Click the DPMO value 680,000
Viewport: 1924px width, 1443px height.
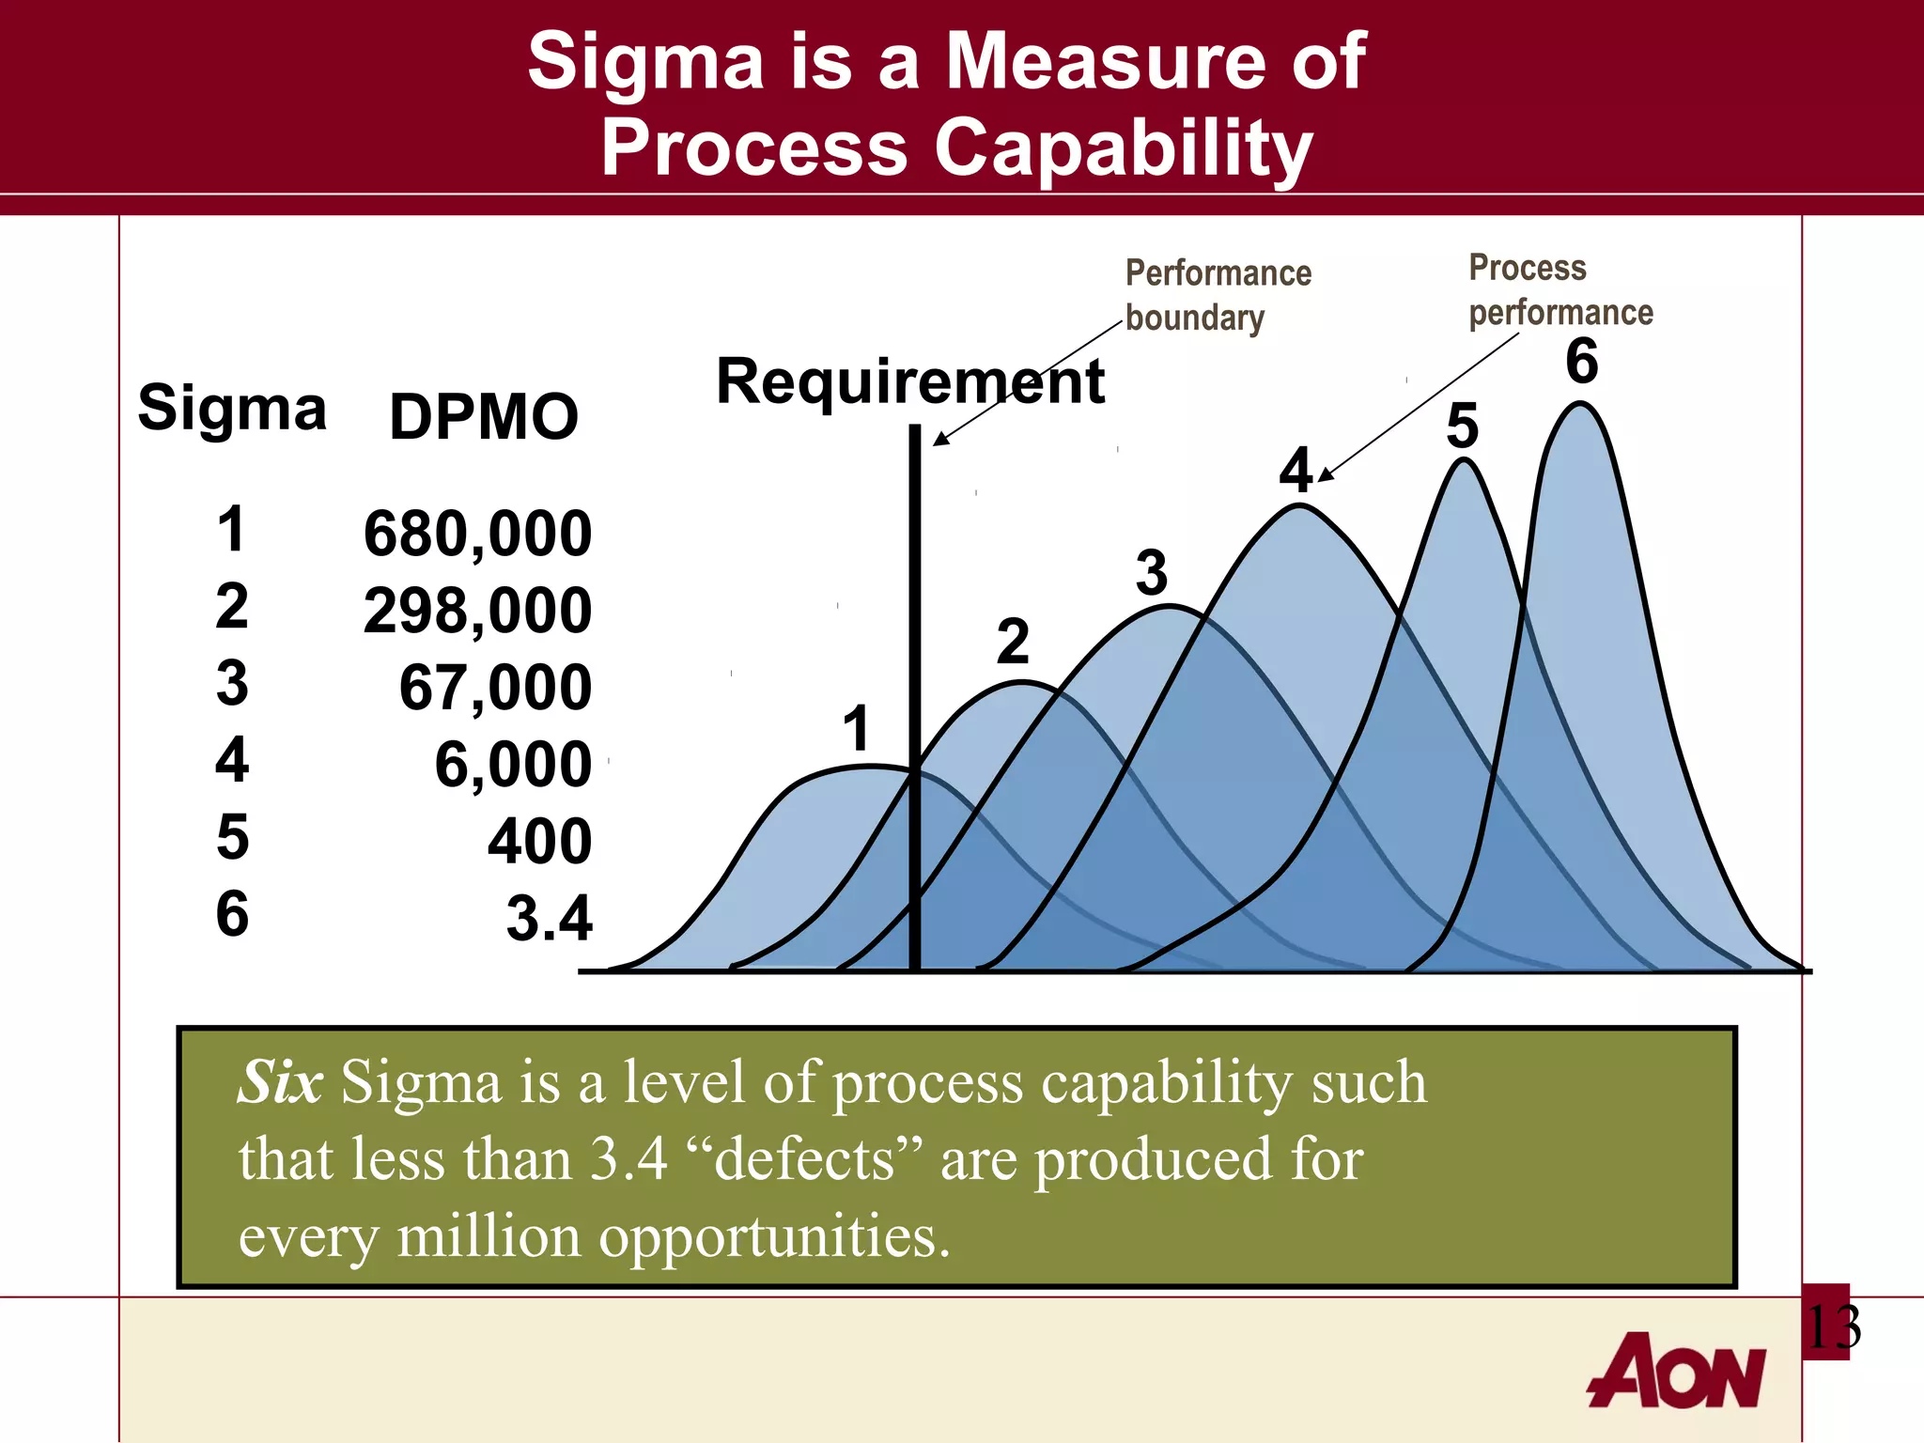(477, 534)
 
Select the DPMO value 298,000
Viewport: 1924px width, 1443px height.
(477, 611)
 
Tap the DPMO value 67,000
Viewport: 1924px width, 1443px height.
(495, 688)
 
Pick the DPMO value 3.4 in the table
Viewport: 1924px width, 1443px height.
(550, 918)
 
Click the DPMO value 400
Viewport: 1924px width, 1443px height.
(539, 841)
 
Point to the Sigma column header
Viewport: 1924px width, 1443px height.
(232, 410)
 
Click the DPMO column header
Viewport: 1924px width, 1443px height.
(484, 417)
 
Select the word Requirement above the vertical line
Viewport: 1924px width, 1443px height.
(909, 382)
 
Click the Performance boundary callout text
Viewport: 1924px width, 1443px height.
(1217, 295)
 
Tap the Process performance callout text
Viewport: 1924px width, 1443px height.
(1559, 290)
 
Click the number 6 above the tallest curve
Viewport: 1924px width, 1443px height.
(1582, 362)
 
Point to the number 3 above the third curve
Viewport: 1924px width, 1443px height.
(1152, 572)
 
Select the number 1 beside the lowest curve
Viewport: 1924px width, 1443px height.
(856, 729)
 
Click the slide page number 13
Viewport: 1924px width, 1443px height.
(1831, 1327)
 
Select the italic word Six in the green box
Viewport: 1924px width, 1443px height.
(280, 1082)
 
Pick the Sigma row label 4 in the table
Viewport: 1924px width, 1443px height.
(232, 760)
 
